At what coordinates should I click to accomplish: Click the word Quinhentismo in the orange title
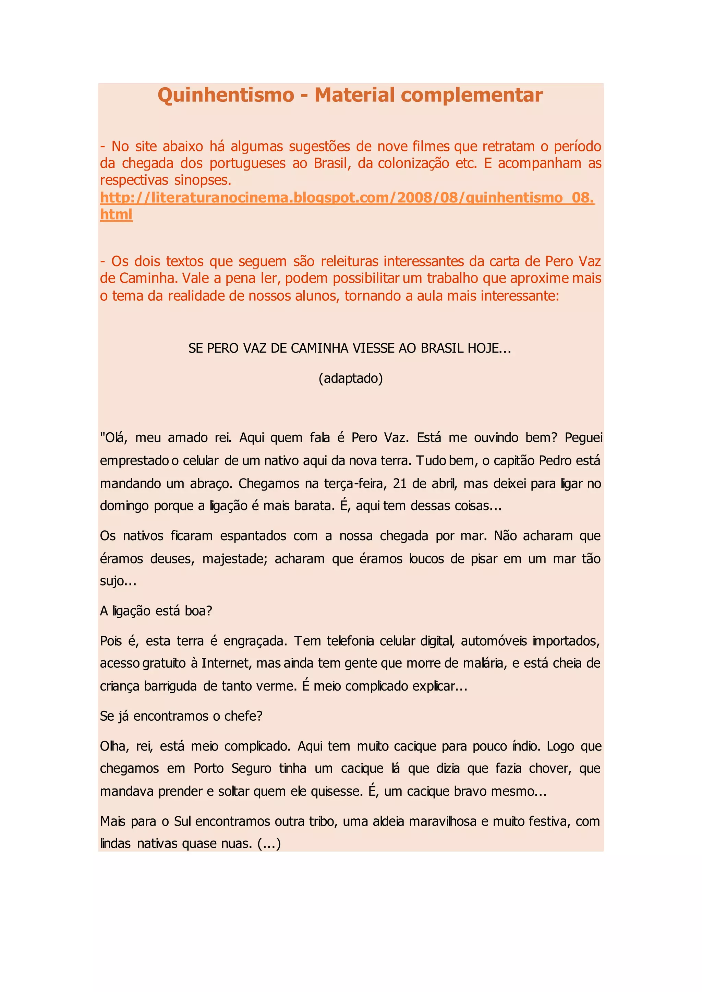226,95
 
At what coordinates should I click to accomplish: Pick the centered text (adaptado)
351,379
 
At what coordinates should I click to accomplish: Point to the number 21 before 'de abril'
400,483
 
